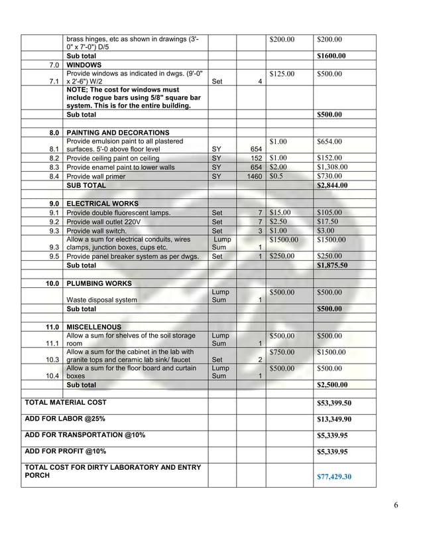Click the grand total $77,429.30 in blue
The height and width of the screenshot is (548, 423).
click(x=334, y=476)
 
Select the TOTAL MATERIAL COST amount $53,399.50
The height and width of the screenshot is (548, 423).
click(x=334, y=403)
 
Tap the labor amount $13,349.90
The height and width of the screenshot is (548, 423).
click(x=334, y=419)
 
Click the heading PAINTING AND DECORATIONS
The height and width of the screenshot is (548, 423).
click(x=118, y=133)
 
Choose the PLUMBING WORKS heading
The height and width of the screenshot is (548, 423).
click(x=99, y=283)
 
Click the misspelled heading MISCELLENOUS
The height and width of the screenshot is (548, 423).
click(x=94, y=327)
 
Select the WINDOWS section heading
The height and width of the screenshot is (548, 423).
click(x=84, y=66)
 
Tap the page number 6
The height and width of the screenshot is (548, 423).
click(x=395, y=506)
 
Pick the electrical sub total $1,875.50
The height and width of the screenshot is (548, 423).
click(x=334, y=265)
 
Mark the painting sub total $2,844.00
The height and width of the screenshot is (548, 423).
click(x=334, y=186)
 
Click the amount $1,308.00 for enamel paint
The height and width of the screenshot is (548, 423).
click(x=333, y=167)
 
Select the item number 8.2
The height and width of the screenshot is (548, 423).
click(x=54, y=159)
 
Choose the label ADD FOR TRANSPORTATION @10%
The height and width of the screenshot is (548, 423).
click(x=85, y=435)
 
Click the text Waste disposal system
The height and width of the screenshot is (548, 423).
click(x=102, y=300)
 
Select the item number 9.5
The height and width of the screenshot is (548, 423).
click(x=54, y=256)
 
